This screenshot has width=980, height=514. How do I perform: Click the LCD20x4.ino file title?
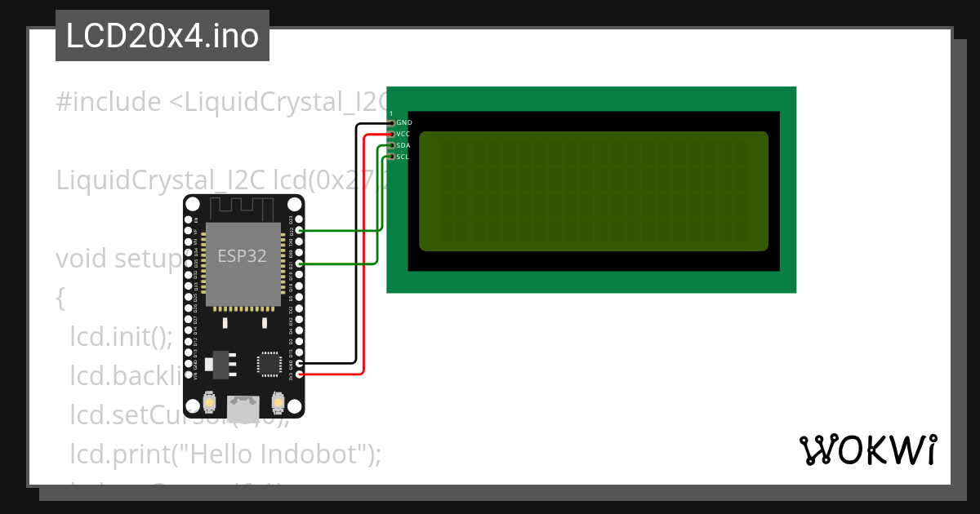[x=162, y=37]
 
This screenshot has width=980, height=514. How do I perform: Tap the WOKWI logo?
[x=867, y=450]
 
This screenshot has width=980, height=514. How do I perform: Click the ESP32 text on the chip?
[x=242, y=256]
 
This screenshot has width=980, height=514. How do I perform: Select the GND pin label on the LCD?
[x=403, y=122]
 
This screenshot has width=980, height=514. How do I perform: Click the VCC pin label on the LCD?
[x=403, y=134]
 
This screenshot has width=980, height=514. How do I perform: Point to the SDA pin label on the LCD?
[x=403, y=145]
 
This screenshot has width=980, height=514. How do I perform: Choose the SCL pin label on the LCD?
[x=403, y=157]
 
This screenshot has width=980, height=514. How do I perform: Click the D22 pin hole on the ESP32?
[x=300, y=231]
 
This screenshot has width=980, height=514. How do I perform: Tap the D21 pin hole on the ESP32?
[x=300, y=264]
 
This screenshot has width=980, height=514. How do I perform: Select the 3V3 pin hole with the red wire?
[x=300, y=374]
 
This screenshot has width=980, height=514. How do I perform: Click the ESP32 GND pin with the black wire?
[x=300, y=363]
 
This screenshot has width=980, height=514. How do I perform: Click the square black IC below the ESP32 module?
[x=269, y=363]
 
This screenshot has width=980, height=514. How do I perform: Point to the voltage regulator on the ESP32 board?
[x=219, y=364]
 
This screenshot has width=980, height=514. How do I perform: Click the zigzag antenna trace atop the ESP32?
[x=243, y=209]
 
